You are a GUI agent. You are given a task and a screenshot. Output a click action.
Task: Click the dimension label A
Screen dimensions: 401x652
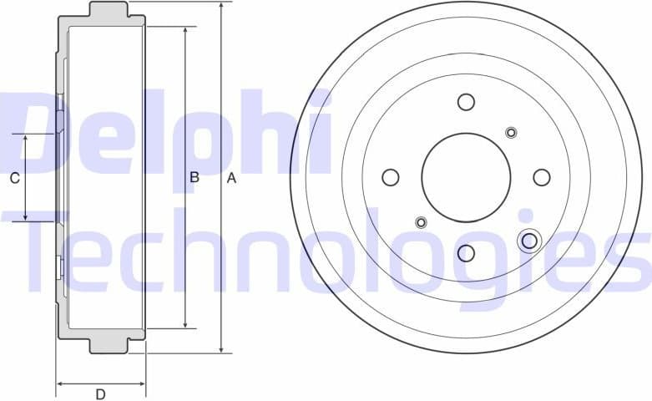click(x=233, y=178)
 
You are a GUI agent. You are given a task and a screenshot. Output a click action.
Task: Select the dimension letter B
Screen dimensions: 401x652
click(x=194, y=178)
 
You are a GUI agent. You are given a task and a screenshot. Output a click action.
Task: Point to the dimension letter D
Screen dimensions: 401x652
click(x=100, y=394)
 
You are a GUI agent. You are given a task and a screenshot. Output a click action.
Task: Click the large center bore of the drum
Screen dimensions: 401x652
click(x=465, y=177)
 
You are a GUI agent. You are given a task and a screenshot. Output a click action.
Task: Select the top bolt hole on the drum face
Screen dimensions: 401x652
click(x=466, y=102)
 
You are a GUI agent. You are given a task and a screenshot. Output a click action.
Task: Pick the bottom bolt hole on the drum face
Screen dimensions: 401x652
click(x=466, y=252)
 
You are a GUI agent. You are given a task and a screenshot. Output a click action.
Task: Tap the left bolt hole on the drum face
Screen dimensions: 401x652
click(x=390, y=177)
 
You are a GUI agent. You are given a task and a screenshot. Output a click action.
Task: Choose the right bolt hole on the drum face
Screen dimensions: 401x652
click(x=541, y=177)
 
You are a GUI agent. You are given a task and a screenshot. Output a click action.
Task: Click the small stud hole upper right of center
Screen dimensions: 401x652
click(x=511, y=132)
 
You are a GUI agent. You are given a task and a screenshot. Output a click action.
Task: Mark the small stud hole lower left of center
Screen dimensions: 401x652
click(x=421, y=221)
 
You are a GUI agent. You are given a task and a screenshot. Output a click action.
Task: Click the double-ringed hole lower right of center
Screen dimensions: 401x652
click(x=528, y=241)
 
